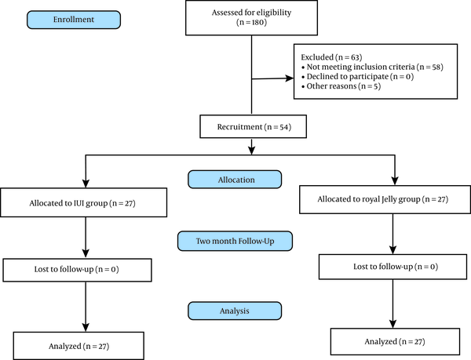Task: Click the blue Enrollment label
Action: [74, 20]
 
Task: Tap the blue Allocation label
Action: [235, 180]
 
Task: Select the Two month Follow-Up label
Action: [235, 241]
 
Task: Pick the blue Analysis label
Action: [235, 311]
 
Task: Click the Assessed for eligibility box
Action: [251, 18]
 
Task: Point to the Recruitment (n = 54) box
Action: [254, 126]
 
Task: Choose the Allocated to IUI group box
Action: [83, 202]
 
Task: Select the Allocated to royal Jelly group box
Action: [385, 199]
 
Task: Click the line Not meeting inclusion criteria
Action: [372, 67]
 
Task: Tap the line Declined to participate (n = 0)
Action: [357, 77]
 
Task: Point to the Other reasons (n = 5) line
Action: [341, 86]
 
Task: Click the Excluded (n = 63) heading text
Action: [331, 57]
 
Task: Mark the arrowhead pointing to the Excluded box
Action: [290, 78]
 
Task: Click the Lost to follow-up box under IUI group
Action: [77, 270]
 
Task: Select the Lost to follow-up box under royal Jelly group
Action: [393, 267]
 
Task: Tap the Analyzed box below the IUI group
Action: [78, 346]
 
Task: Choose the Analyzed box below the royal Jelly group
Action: [395, 341]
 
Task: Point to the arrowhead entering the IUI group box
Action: [86, 184]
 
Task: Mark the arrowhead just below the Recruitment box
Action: [252, 151]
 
